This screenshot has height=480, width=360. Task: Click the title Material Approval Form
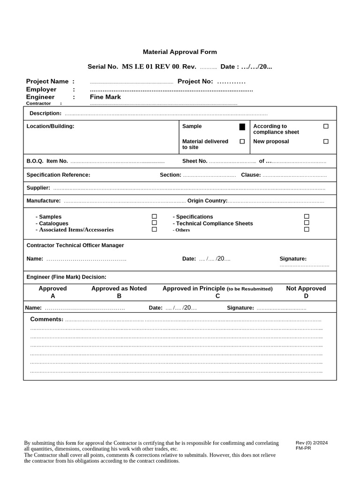coord(180,52)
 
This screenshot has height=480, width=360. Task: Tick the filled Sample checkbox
coord(242,127)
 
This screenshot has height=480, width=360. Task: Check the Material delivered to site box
coord(242,141)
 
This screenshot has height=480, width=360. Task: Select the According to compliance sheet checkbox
coord(326,126)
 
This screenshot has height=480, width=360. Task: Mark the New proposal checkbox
coord(326,141)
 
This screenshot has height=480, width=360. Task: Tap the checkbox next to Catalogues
coord(154,223)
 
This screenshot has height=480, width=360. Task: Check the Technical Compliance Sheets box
coord(307,223)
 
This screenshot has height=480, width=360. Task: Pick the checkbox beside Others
coord(307,230)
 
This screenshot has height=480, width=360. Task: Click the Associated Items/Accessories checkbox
coord(154,230)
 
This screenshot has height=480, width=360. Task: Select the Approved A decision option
coord(52,292)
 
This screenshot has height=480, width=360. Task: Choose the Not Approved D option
coord(306,292)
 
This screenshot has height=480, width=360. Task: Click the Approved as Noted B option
coord(119,292)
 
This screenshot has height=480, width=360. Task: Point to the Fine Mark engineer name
coord(105,97)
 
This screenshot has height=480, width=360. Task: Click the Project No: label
coord(195,82)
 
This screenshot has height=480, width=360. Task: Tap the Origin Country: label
coord(207,201)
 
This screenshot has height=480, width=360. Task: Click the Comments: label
coord(46,319)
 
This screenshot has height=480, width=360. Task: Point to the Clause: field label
coord(251,175)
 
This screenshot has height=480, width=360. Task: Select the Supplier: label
coord(38,187)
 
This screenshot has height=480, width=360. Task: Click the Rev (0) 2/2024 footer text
coord(311,442)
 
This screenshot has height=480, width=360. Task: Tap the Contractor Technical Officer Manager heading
coord(75,245)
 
